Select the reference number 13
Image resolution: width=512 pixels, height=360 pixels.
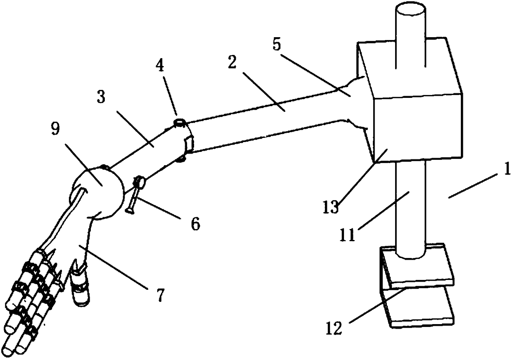(330, 205)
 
